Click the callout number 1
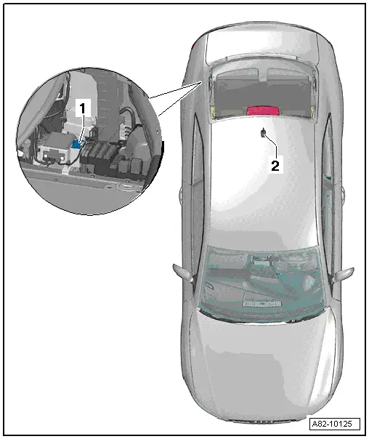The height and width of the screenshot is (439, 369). coord(83,108)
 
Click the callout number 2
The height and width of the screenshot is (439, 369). coord(275,165)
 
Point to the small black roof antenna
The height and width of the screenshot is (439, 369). coord(263,133)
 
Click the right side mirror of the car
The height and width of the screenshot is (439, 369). coord(346,275)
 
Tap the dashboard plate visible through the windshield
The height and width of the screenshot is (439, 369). coord(264,299)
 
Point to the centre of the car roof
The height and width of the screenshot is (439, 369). coord(261,189)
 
